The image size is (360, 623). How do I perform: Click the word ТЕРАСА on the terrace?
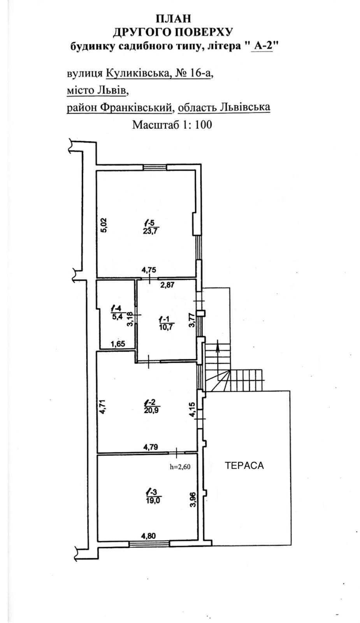[244, 465]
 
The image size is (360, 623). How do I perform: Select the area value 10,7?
[166, 327]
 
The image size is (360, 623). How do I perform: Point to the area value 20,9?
[151, 410]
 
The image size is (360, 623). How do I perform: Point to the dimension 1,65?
[118, 344]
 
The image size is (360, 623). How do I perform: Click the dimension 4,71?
[102, 407]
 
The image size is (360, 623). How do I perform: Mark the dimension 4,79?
[150, 447]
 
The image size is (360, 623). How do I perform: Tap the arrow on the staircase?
[217, 349]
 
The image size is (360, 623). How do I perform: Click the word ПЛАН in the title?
[173, 19]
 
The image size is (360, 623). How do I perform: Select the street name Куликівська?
[137, 73]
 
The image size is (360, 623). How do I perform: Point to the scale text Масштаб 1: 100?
[172, 124]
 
